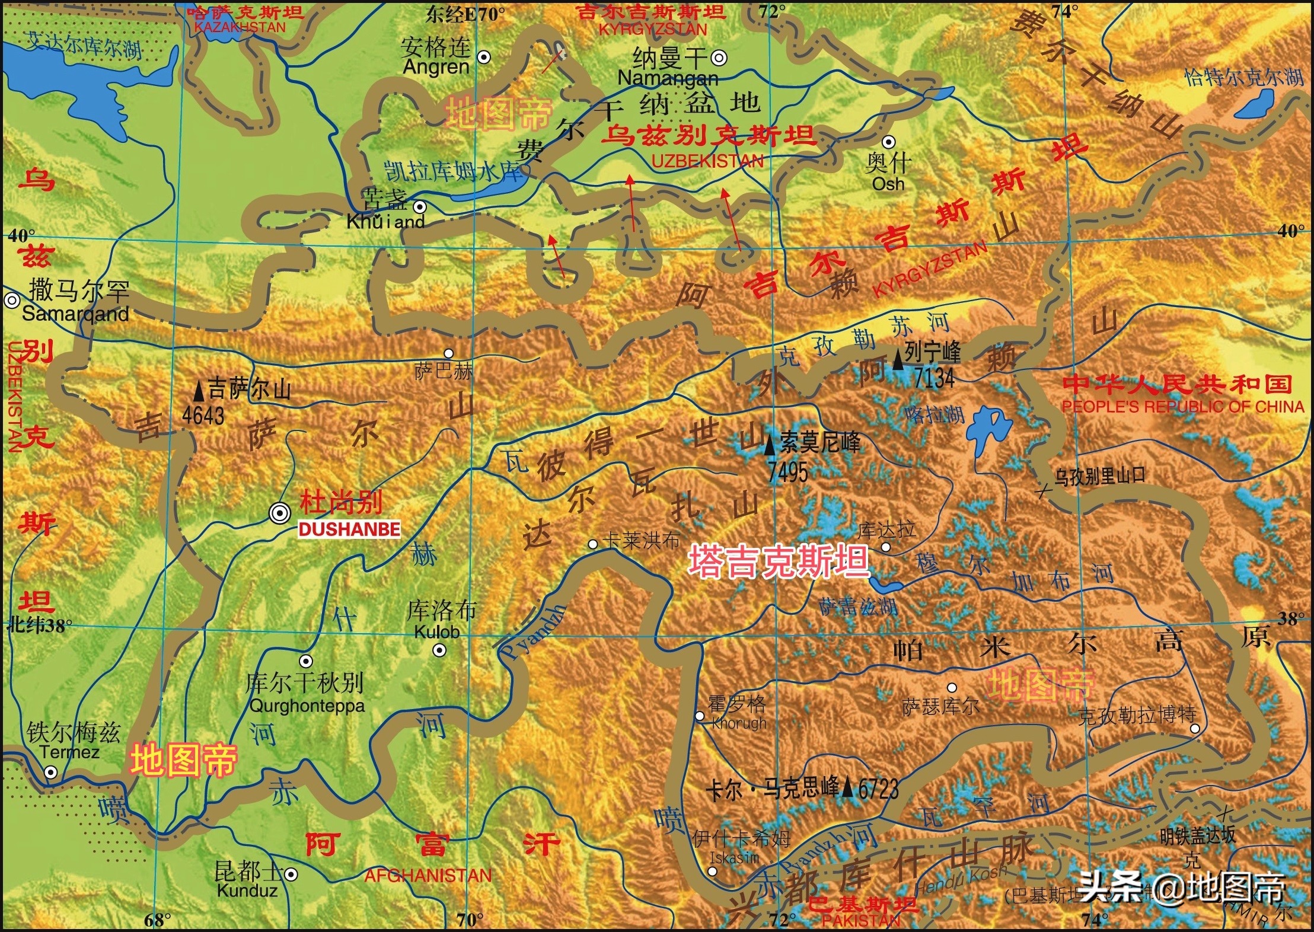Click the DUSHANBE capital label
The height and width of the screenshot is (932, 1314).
[349, 529]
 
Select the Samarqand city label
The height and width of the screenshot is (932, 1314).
[75, 314]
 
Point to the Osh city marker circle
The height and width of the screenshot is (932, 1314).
[888, 142]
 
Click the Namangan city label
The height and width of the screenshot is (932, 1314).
[668, 78]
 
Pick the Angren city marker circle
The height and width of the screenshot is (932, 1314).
[484, 58]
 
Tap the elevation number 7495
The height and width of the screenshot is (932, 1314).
[787, 472]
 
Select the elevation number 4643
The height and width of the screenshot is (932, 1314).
[203, 415]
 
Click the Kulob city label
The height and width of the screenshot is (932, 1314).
[437, 632]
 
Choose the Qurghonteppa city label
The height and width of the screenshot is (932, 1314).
[307, 706]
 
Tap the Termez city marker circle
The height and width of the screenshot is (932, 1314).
[51, 773]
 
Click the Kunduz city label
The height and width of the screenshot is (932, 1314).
[247, 890]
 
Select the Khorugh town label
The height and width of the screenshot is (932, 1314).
[739, 723]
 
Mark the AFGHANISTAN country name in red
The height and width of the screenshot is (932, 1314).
[428, 876]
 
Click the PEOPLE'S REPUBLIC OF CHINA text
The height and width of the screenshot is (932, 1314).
[1182, 407]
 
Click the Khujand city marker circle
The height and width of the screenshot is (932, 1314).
[420, 207]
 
